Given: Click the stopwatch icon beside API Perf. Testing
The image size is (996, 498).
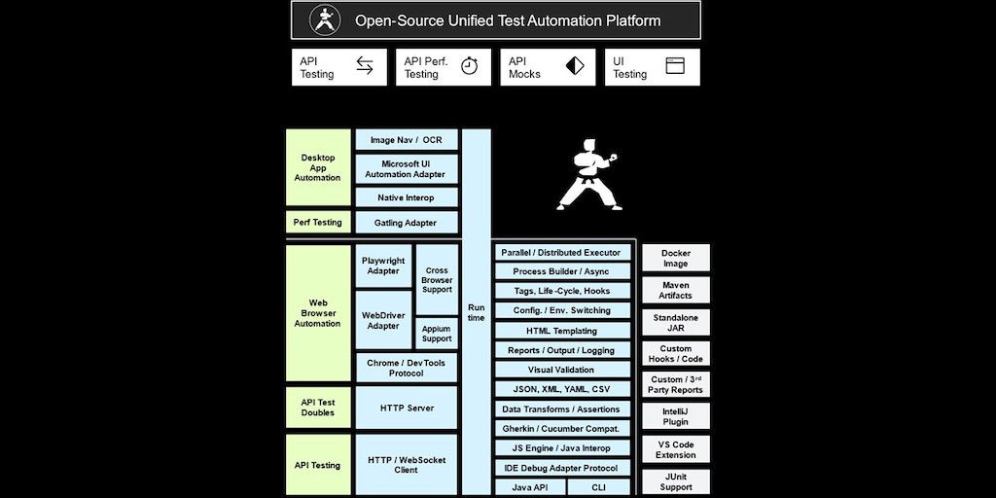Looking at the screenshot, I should pos(469,66).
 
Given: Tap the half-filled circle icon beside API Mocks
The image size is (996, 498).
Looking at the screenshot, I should pos(575,66).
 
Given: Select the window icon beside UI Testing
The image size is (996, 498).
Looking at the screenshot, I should pos(675,66).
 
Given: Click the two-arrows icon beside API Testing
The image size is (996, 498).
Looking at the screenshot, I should pos(365,66).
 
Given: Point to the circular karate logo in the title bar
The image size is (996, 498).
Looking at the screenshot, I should pos(323,20).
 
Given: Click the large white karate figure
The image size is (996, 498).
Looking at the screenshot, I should pos(587,175).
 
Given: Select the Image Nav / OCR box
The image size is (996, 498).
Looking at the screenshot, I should pos(407,140).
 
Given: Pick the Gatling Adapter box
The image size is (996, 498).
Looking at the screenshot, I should pos(407,223).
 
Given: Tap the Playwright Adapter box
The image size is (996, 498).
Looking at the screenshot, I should pos(383,266).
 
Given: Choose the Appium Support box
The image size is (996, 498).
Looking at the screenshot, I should pos(437,333).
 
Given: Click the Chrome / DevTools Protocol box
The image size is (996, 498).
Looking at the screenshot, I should pos(407,368).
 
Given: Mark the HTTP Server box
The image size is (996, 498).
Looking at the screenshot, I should pos(407,408).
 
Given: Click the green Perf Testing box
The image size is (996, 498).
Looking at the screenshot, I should pos(318,222).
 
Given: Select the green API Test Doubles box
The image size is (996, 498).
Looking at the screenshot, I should pos(318,408).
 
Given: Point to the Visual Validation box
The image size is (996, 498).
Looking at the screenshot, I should pos(561,370).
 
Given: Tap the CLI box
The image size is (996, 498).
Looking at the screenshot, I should pos(599,487).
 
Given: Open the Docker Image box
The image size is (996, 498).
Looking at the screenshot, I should pos(675,258).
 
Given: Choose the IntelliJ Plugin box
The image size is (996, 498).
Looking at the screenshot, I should pos(675,416).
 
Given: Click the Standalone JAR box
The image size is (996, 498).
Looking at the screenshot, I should pos(675,322).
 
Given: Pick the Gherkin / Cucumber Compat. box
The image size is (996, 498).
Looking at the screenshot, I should pos(561,428).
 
